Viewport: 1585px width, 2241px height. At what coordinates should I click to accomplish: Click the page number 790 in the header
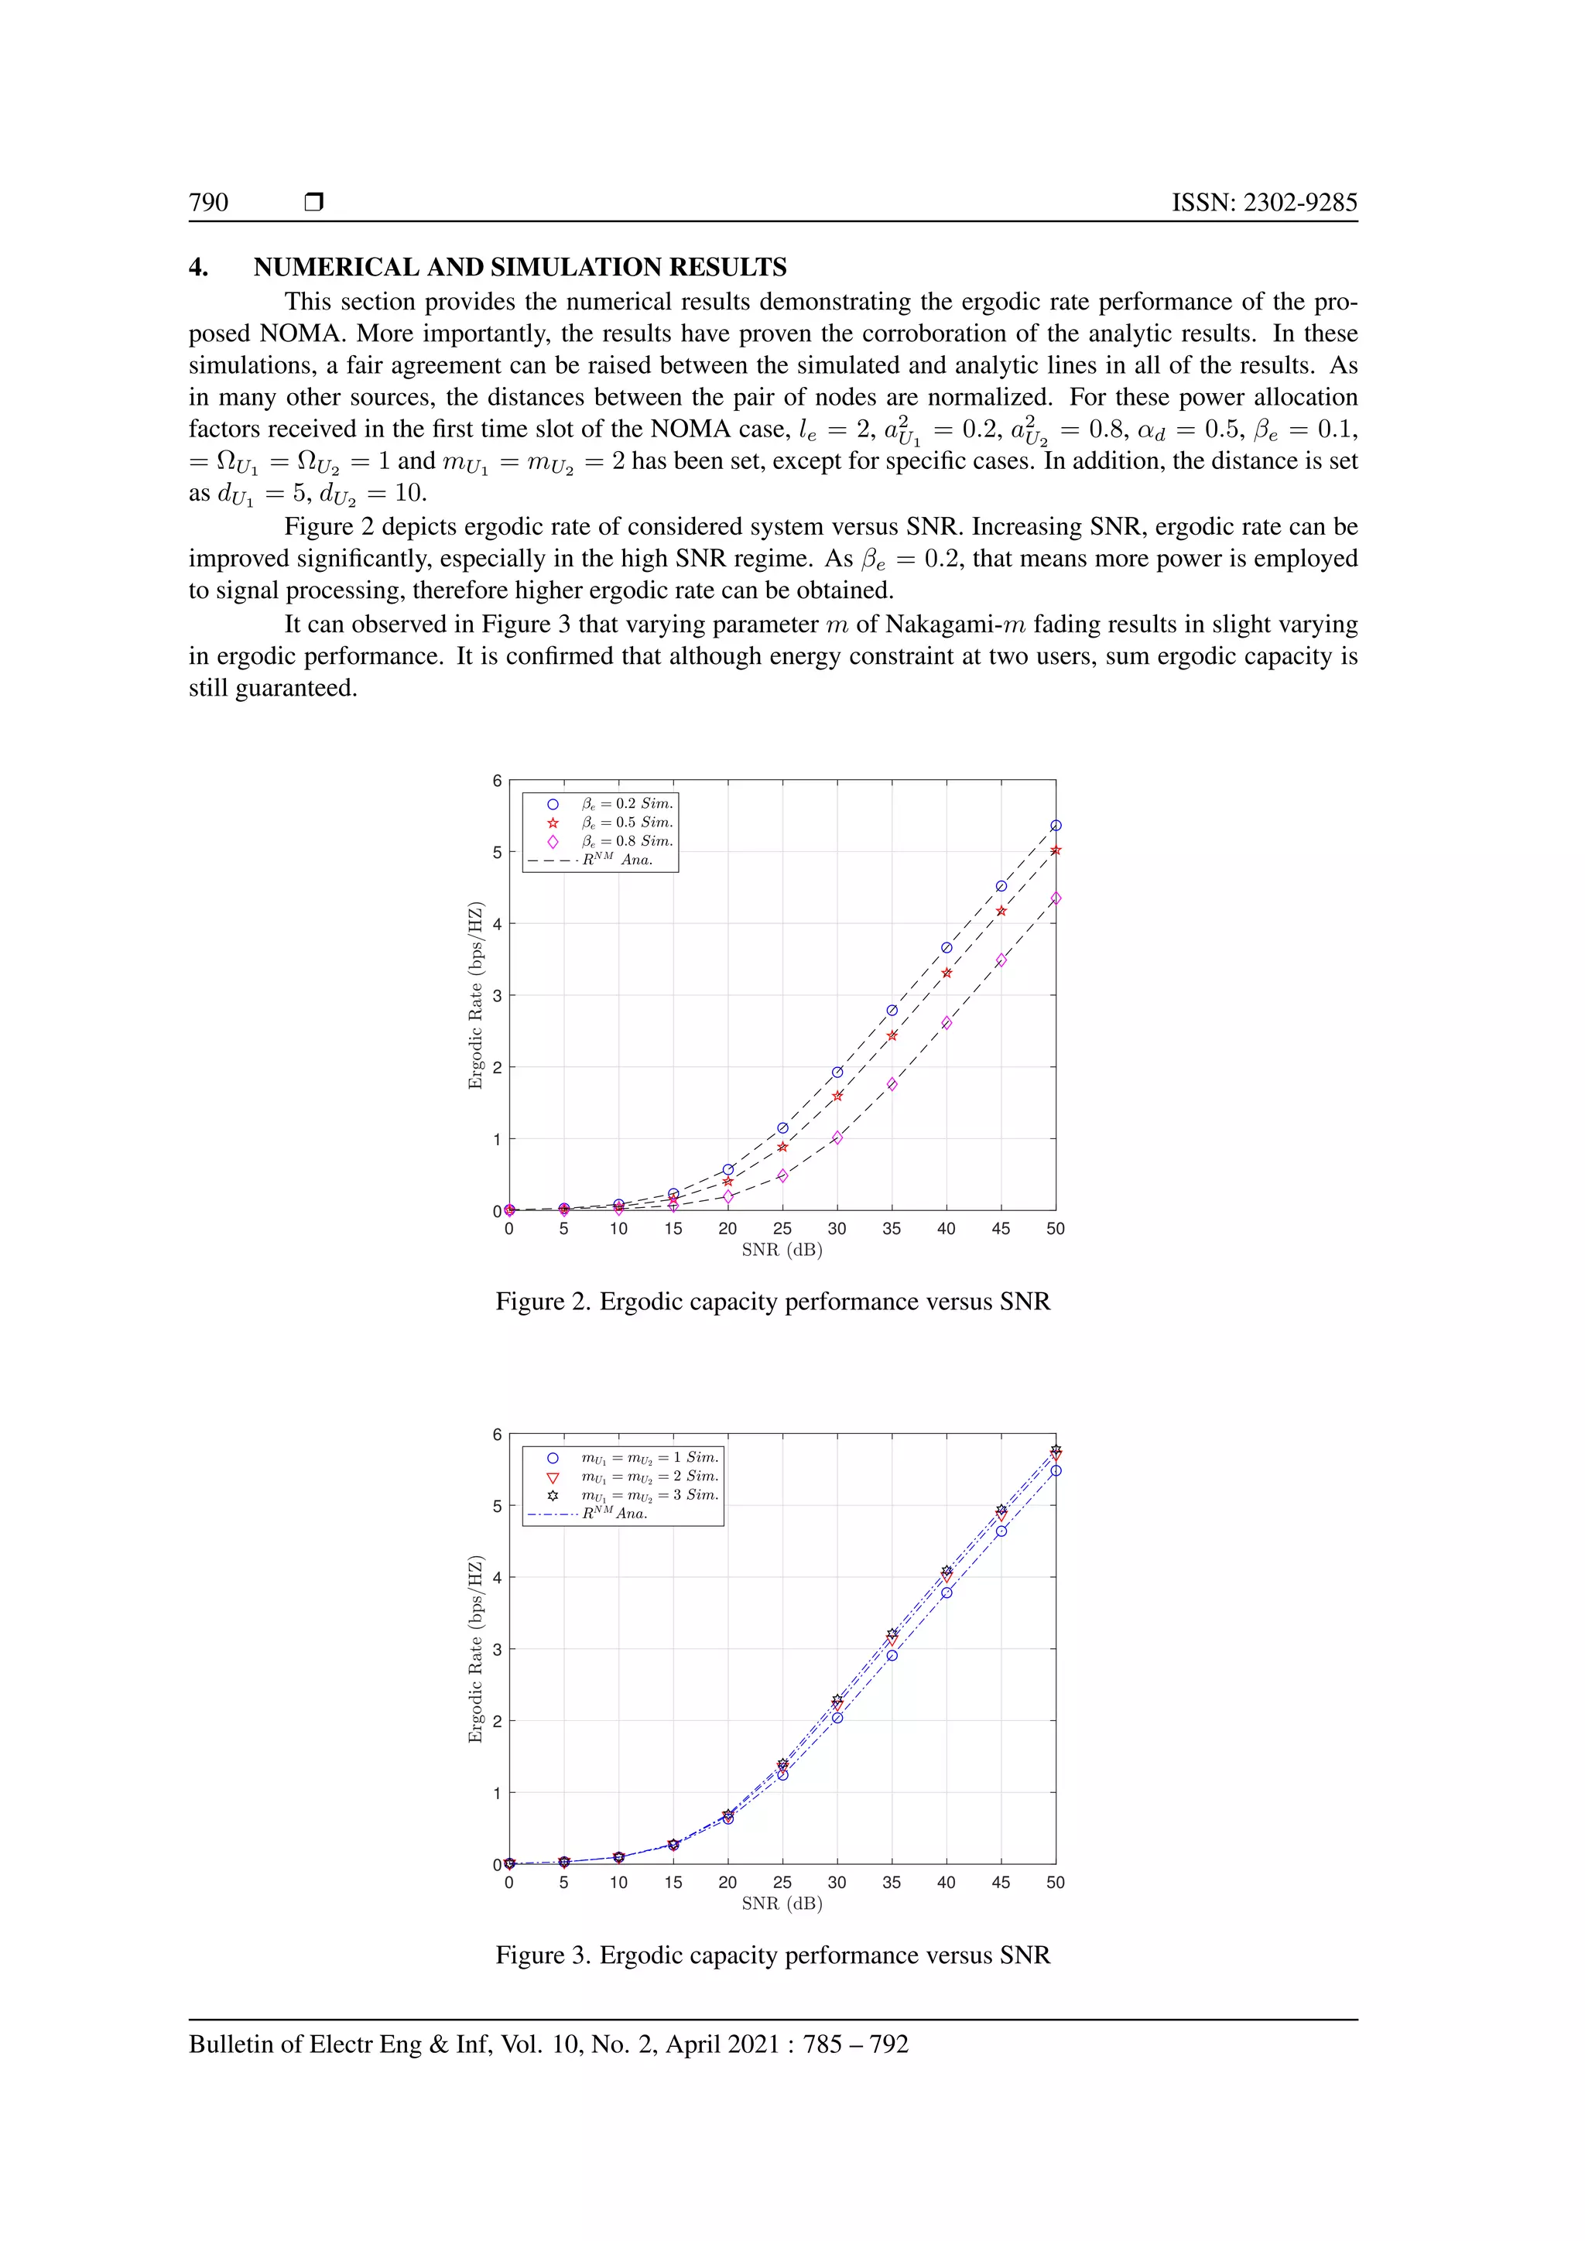[x=208, y=202]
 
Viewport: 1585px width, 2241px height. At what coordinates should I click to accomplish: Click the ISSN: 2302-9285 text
[x=1264, y=202]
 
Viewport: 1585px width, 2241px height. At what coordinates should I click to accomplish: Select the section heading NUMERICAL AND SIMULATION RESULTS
[x=519, y=268]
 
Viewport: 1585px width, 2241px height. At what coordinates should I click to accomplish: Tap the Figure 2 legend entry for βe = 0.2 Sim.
[x=625, y=804]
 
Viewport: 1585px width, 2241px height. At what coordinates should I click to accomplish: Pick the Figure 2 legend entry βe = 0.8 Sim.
[x=625, y=841]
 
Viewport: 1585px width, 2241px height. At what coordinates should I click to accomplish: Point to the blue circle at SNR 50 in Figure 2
[x=1055, y=826]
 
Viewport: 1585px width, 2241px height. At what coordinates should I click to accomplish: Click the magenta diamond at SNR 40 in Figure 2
[x=946, y=1023]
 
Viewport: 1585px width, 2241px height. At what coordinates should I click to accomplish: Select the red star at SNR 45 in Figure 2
[x=1001, y=911]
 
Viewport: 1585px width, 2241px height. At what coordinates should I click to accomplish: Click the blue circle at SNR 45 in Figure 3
[x=1001, y=1531]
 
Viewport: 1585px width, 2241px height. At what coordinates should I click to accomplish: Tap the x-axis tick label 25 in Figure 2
[x=782, y=1229]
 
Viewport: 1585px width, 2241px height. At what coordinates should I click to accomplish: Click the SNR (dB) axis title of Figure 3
[x=782, y=1904]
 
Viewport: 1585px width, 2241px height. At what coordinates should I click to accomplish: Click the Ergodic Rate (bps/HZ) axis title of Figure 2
[x=475, y=996]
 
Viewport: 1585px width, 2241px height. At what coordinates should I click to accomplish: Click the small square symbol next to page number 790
[x=313, y=202]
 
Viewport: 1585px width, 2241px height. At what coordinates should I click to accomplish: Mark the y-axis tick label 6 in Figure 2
[x=497, y=781]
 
